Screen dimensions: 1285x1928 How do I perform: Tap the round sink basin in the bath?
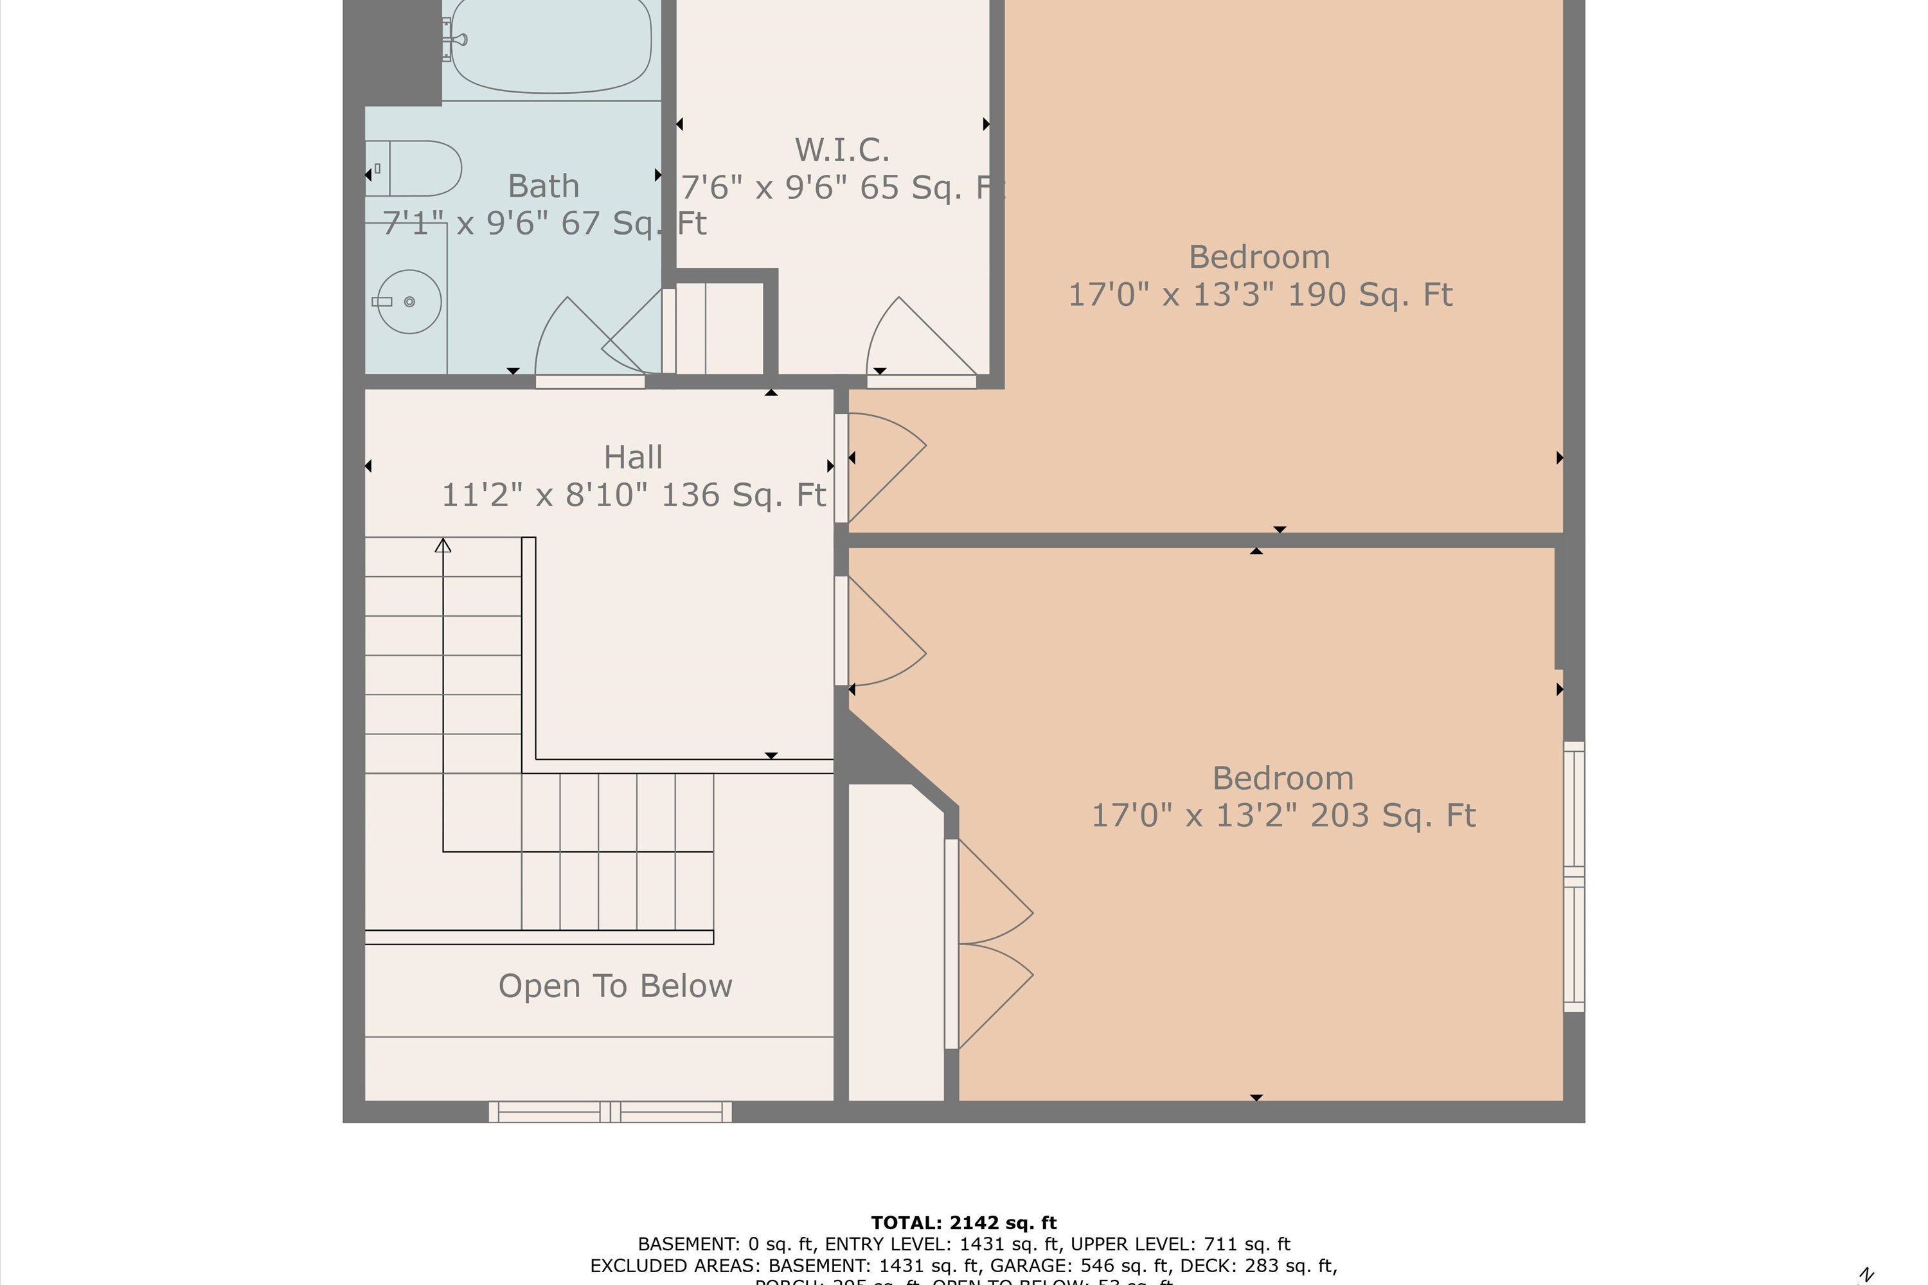point(409,301)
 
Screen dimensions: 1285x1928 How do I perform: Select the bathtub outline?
point(551,47)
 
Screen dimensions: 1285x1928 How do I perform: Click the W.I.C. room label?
point(842,150)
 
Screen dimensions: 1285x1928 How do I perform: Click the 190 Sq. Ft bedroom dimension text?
point(1260,295)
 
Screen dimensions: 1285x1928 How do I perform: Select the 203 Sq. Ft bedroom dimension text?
point(1283,816)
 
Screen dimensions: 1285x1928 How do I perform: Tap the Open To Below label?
point(615,986)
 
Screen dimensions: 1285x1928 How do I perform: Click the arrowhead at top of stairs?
point(443,545)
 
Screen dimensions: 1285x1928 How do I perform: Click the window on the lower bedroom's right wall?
point(1574,877)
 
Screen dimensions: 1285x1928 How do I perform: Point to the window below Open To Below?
point(610,1112)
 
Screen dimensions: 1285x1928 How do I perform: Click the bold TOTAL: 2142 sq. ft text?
point(963,1223)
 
